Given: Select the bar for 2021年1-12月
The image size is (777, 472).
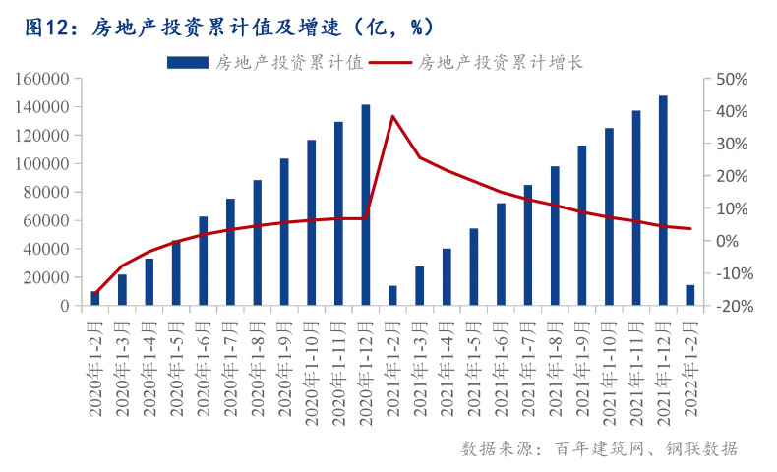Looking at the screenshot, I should coord(664,201).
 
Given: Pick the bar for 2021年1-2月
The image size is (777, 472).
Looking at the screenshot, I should coord(392,296).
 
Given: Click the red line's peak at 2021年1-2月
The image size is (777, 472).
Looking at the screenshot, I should coord(392,116).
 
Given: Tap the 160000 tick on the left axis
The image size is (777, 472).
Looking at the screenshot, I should coord(42,79).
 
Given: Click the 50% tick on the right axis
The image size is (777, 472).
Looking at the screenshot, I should coord(730,79).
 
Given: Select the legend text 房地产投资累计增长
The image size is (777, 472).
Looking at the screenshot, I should coord(501,62).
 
